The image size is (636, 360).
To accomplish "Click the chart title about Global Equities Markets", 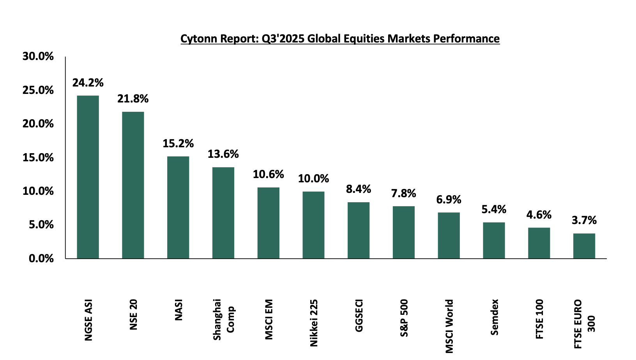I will tap(340, 39).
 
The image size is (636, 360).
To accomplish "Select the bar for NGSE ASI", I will tap(88, 177).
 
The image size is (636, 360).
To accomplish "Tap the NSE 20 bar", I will tap(133, 185).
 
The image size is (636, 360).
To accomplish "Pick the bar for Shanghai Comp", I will tap(223, 213).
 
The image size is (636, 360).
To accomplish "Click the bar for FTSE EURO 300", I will tap(584, 246).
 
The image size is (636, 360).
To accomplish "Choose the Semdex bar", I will tap(494, 240).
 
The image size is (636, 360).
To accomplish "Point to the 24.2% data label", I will tap(88, 83).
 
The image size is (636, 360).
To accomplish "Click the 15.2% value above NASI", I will tap(178, 143).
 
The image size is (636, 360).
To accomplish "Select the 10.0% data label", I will tap(313, 178).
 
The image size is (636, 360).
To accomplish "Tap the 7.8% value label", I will tap(404, 193).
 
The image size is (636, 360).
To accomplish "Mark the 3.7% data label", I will tap(584, 221).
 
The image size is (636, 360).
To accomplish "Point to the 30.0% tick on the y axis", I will tap(38, 56).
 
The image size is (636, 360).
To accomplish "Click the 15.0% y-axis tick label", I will tap(38, 157).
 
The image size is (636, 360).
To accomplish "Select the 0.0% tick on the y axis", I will tap(41, 258).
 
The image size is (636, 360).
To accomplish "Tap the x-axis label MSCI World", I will tap(449, 326).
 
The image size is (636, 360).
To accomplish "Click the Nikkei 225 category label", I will tap(314, 323).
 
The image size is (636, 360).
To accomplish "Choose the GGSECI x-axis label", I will tap(359, 316).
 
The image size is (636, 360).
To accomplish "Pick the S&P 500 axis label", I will tap(404, 318).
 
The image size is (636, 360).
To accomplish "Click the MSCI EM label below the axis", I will tap(269, 319).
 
